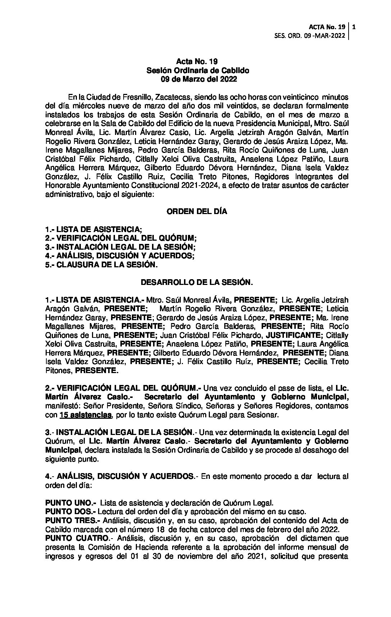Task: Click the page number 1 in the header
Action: click(354, 27)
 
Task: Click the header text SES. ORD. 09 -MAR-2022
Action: click(309, 36)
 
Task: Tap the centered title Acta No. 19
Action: click(197, 62)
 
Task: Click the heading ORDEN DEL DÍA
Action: click(197, 212)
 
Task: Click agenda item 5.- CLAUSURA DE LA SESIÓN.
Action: click(101, 265)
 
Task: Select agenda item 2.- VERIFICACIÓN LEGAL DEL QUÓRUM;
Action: click(121, 238)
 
